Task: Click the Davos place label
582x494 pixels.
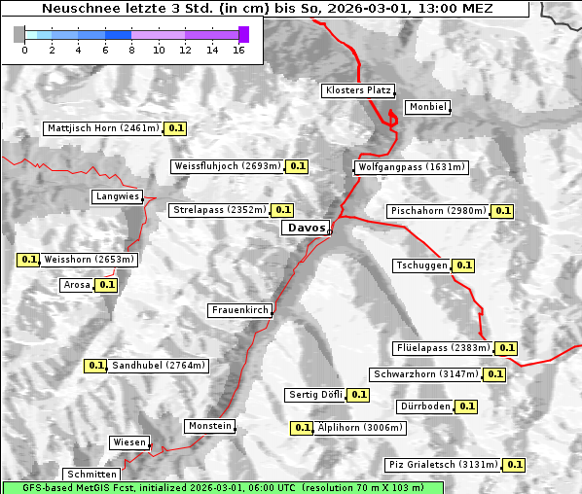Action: (306, 229)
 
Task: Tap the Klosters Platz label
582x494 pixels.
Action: (357, 90)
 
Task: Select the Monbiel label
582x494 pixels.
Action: (427, 107)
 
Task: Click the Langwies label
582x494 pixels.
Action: (117, 196)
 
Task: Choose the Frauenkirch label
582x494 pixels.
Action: (239, 310)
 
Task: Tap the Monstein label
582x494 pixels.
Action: (210, 426)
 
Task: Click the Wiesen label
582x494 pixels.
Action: (129, 441)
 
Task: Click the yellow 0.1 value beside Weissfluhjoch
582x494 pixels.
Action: (297, 166)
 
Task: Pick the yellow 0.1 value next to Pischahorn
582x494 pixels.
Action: (503, 211)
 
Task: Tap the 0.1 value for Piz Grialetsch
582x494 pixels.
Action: (515, 465)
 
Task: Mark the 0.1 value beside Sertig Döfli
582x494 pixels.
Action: (358, 395)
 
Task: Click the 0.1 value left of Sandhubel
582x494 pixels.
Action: (95, 366)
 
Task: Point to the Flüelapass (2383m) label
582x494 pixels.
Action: (443, 348)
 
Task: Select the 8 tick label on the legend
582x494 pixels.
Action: (131, 49)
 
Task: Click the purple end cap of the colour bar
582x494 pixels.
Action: (243, 34)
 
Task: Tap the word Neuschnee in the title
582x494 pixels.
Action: (74, 9)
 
